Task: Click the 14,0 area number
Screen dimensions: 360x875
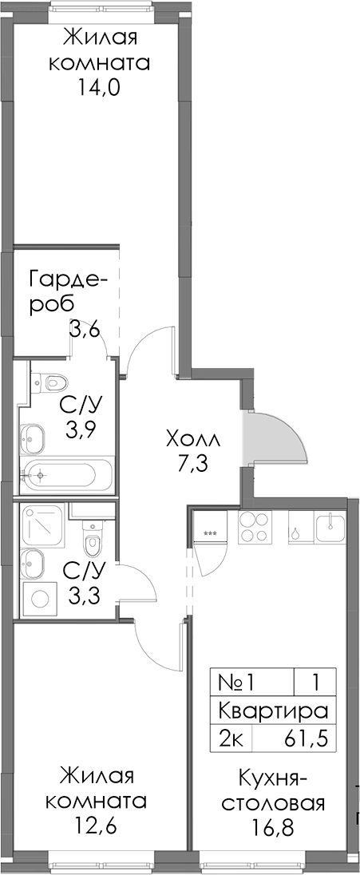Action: coord(100,88)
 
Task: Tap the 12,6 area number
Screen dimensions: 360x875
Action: coord(96,825)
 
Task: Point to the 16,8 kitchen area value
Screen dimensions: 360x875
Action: coord(274,825)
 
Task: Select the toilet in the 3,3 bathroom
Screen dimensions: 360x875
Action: coord(92,536)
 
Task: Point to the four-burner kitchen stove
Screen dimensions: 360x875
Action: coord(255,528)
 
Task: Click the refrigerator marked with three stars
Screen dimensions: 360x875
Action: coord(210,533)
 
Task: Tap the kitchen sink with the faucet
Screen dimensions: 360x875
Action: coord(330,528)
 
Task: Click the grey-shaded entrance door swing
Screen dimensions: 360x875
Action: coord(274,438)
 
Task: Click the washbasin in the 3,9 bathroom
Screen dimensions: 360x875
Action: coord(33,436)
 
